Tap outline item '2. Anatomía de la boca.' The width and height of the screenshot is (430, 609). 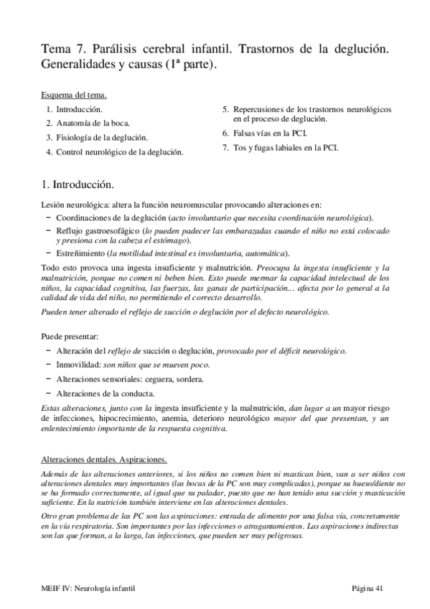pyautogui.click(x=88, y=123)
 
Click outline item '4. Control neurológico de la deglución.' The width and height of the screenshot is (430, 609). pyautogui.click(x=115, y=152)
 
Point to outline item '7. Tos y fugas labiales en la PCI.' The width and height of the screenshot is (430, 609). pyautogui.click(x=281, y=148)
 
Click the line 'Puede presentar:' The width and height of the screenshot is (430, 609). pyautogui.click(x=70, y=336)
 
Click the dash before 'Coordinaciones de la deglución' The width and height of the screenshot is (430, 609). pyautogui.click(x=48, y=217)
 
